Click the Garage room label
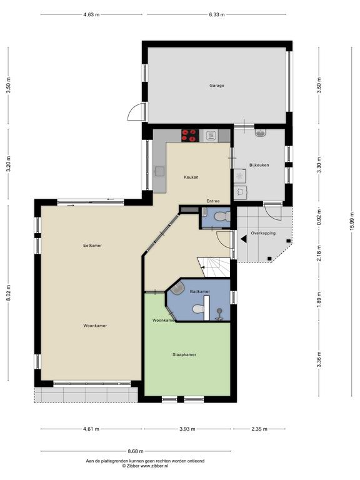click(x=217, y=86)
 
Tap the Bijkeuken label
click(x=259, y=165)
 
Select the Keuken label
click(x=191, y=177)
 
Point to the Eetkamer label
click(x=92, y=245)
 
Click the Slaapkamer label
click(x=184, y=354)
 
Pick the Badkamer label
click(x=200, y=291)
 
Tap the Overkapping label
click(x=263, y=233)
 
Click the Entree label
click(x=213, y=201)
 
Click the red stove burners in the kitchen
click(x=189, y=135)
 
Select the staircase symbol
click(x=214, y=267)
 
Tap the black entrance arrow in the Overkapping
click(x=243, y=239)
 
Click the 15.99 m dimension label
click(x=351, y=221)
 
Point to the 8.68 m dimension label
click(x=136, y=451)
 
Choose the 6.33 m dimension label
click(x=217, y=14)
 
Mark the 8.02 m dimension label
click(x=9, y=292)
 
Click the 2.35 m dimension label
click(x=259, y=429)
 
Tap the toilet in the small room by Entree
click(x=222, y=216)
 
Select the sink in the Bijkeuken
click(x=261, y=133)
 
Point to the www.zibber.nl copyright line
click(x=145, y=466)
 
